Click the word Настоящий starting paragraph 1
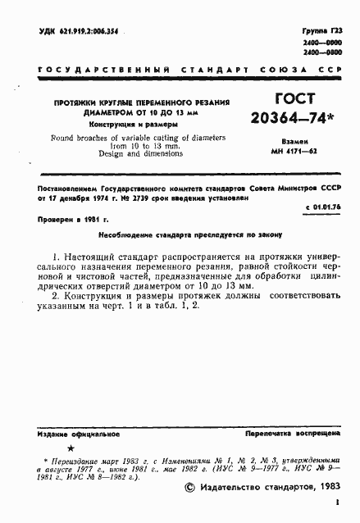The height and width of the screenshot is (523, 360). pos(90,257)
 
